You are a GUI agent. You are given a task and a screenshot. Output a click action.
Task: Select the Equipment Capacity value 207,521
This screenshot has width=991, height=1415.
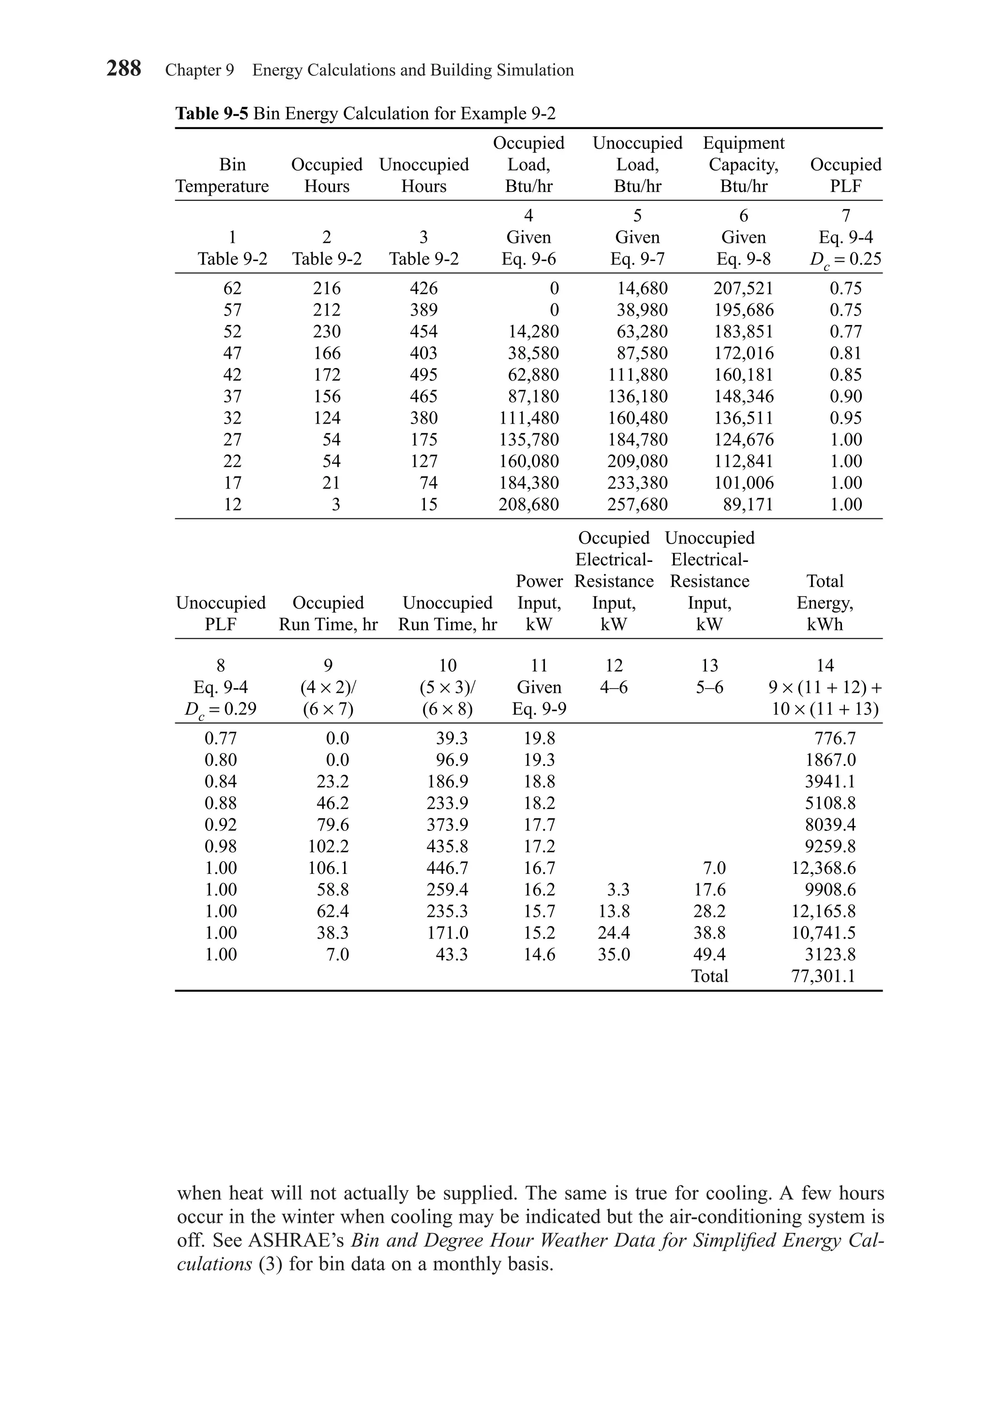coord(743,288)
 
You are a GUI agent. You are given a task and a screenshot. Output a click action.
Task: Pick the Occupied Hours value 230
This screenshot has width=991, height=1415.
coord(326,332)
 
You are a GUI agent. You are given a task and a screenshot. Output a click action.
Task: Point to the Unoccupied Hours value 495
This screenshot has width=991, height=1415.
coord(424,375)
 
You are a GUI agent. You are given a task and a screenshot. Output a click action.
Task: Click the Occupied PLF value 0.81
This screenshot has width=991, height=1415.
coord(845,353)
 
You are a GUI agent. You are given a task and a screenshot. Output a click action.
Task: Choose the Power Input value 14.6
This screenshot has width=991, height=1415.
coord(539,954)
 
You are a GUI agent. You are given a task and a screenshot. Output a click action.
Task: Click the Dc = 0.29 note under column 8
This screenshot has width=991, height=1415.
coord(220,709)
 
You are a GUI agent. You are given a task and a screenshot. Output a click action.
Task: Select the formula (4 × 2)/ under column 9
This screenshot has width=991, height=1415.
coord(328,687)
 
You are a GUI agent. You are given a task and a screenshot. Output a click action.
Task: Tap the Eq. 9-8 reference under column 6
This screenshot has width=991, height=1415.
coord(743,259)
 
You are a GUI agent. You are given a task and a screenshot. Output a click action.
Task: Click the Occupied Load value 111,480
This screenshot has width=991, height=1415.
coord(528,418)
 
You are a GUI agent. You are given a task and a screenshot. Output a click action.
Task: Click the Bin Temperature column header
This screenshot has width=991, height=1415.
coord(222,175)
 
